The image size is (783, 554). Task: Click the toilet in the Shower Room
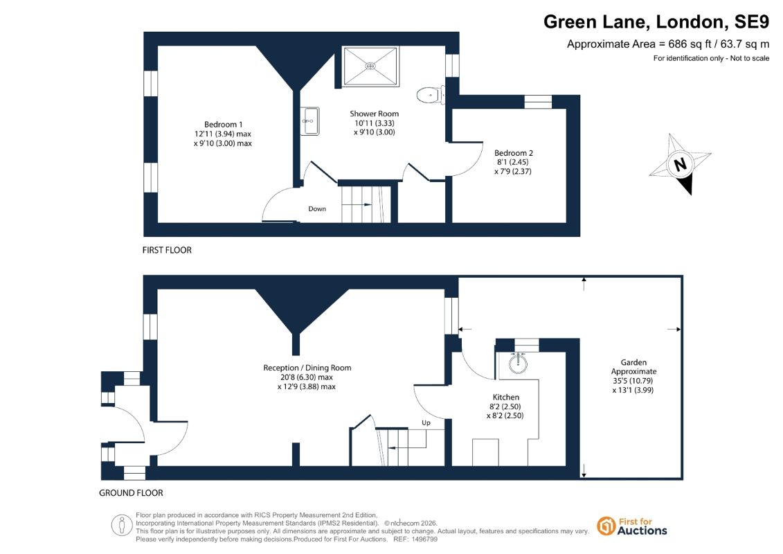[431, 94]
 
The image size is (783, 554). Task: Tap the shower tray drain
[370, 66]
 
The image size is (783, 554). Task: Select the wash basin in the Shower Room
[310, 121]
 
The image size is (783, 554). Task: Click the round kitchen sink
[519, 363]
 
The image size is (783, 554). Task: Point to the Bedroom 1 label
[223, 125]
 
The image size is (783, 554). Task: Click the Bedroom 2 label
[513, 153]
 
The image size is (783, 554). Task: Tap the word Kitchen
[506, 397]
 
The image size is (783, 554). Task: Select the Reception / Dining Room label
[307, 368]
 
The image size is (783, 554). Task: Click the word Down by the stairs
[317, 209]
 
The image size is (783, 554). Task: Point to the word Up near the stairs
[426, 422]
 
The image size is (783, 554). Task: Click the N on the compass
[680, 164]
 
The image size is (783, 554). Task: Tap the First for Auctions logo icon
[606, 526]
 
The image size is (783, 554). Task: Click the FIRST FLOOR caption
[167, 250]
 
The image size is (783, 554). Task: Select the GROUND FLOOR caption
[131, 492]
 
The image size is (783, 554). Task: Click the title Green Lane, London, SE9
[656, 21]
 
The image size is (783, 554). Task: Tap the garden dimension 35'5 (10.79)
[633, 381]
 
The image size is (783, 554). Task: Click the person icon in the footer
[121, 525]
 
